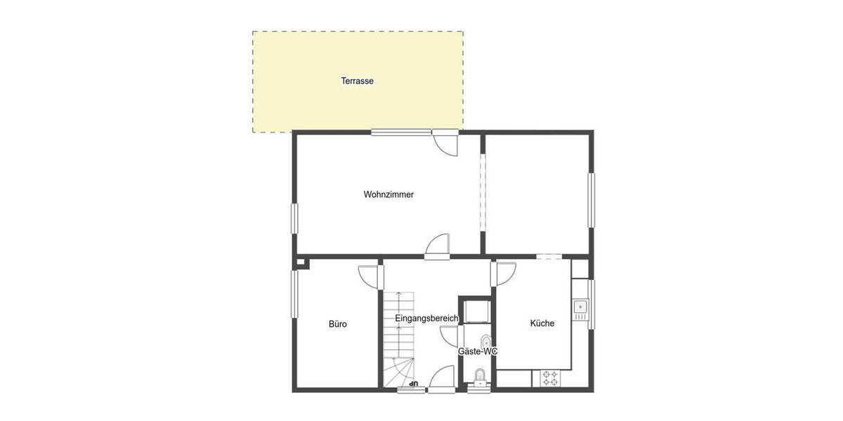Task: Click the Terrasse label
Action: pyautogui.click(x=357, y=81)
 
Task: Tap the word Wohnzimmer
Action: pyautogui.click(x=388, y=194)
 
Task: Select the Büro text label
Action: pyautogui.click(x=338, y=324)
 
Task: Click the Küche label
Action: pyautogui.click(x=542, y=323)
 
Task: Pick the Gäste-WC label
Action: pyautogui.click(x=477, y=351)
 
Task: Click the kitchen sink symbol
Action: pyautogui.click(x=580, y=307)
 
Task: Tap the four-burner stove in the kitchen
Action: pyautogui.click(x=549, y=378)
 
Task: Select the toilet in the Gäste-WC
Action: pyautogui.click(x=481, y=377)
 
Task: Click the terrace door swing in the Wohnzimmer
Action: pyautogui.click(x=445, y=142)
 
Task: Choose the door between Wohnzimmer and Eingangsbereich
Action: pyautogui.click(x=437, y=245)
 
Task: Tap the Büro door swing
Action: pyautogui.click(x=368, y=274)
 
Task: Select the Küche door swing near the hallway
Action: pyautogui.click(x=505, y=272)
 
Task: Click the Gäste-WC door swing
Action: pyautogui.click(x=450, y=336)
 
